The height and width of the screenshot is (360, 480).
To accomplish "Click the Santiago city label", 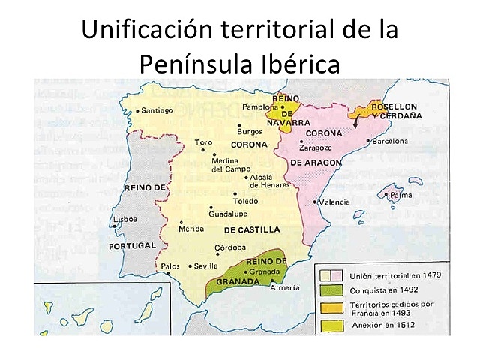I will click(x=157, y=110).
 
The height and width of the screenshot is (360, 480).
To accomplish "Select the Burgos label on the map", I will click(x=250, y=133).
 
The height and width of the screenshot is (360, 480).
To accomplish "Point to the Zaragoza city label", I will click(x=316, y=148).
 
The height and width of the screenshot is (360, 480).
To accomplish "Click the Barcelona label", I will click(x=390, y=140).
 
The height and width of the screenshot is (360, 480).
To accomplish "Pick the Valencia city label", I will click(x=334, y=202).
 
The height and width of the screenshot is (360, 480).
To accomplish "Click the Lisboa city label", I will click(x=124, y=220).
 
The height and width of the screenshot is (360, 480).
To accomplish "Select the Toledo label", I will click(x=244, y=201).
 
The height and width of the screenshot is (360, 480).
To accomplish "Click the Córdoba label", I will click(x=230, y=247).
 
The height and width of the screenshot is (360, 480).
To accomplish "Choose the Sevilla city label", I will click(x=205, y=265).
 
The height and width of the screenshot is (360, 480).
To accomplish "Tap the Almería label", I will click(x=284, y=288).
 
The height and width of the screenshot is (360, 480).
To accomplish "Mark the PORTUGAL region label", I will click(x=132, y=245).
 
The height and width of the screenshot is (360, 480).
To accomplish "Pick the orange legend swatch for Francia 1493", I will click(x=330, y=307).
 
